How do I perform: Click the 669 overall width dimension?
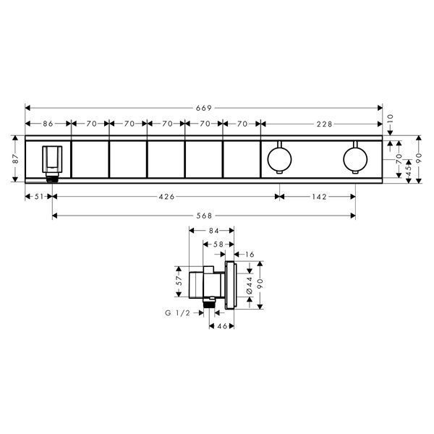(x=204, y=108)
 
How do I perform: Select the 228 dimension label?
(x=324, y=124)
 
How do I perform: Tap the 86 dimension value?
(x=48, y=124)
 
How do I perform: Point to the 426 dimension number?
(x=166, y=197)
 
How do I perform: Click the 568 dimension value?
(x=204, y=216)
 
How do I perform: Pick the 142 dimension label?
(x=319, y=197)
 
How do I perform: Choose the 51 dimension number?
(x=39, y=197)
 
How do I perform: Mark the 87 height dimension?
(x=15, y=158)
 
